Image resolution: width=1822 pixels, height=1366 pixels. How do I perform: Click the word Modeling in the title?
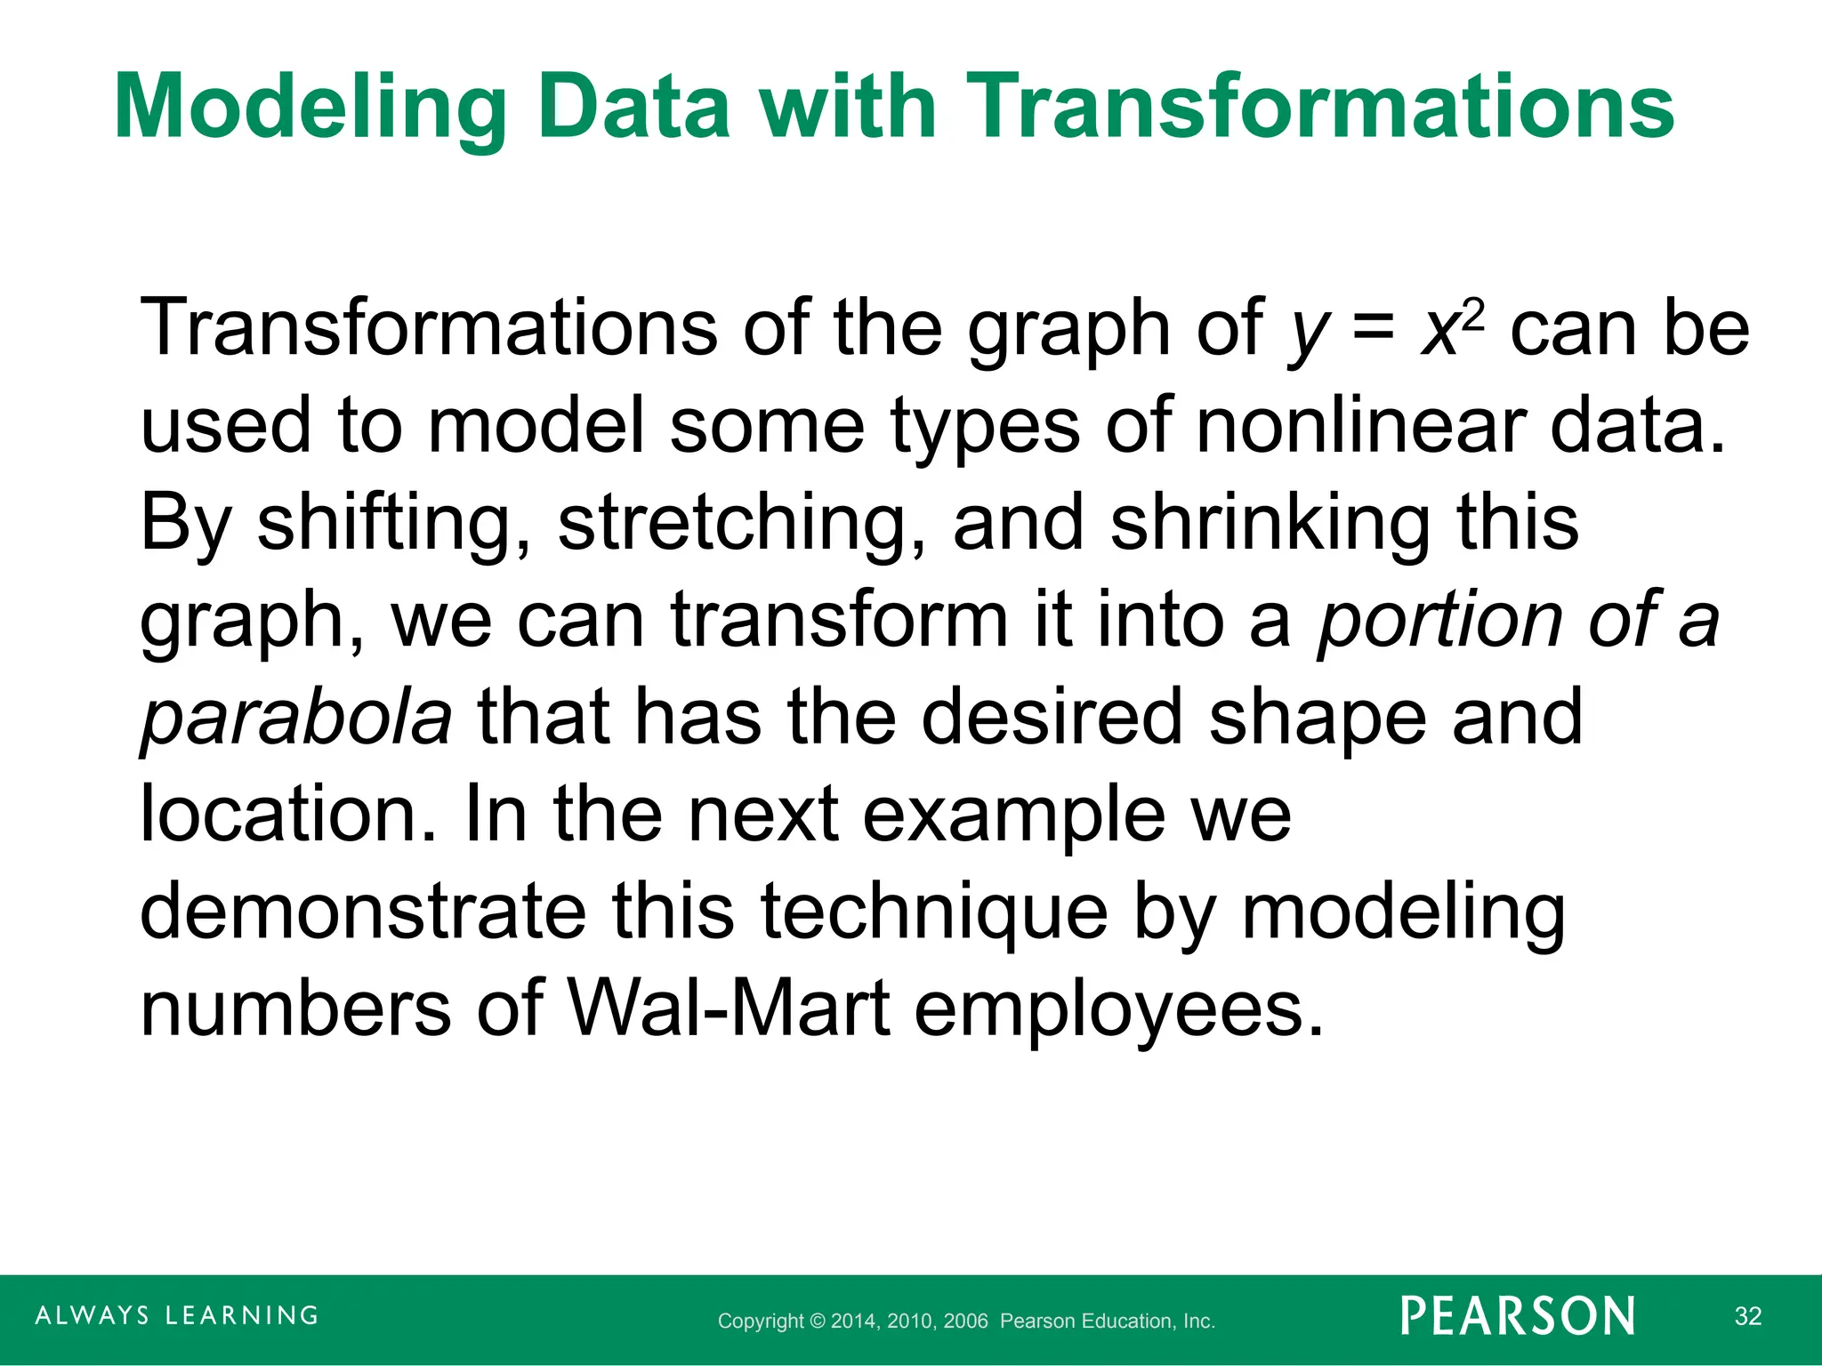click(x=310, y=108)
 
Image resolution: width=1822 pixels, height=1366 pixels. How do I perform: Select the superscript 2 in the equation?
click(x=1474, y=313)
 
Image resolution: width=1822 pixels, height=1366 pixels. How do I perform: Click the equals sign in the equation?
click(x=1374, y=329)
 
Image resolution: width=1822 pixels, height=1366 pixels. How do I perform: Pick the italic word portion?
click(x=1439, y=620)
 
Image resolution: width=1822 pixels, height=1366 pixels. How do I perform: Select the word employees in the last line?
click(x=1119, y=1010)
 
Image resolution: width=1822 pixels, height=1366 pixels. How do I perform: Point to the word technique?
click(x=934, y=912)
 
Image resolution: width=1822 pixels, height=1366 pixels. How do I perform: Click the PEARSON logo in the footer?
click(x=1518, y=1316)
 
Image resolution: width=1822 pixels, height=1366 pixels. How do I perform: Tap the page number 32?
click(x=1747, y=1316)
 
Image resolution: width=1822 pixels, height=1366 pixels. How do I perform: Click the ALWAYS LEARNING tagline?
click(x=177, y=1315)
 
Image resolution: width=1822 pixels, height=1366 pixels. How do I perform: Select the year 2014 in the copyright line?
click(x=854, y=1322)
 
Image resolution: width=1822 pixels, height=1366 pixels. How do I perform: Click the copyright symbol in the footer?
click(x=818, y=1322)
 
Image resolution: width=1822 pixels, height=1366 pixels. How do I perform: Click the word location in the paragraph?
click(x=287, y=815)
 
